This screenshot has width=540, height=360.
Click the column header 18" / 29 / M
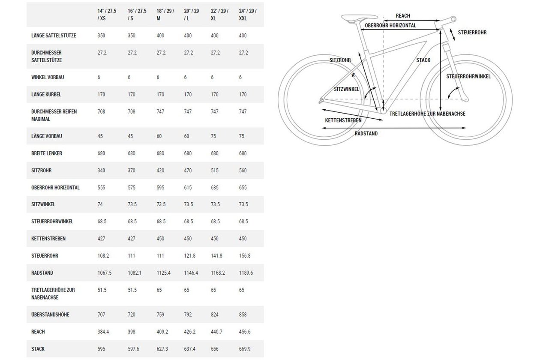click(x=165, y=15)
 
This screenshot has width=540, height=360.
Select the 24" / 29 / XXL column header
click(x=248, y=15)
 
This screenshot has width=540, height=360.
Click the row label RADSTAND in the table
click(x=42, y=273)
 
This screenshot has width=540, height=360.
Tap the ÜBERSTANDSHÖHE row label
click(x=50, y=315)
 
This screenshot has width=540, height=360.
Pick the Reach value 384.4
click(x=103, y=332)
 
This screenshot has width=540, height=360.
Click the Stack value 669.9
click(x=245, y=349)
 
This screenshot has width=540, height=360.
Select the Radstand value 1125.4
click(x=163, y=273)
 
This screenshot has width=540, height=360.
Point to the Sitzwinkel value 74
click(x=100, y=204)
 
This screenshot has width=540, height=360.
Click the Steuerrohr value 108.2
click(x=103, y=255)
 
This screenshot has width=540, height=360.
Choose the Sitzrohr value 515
click(x=215, y=170)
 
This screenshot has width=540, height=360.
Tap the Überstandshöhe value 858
click(x=243, y=315)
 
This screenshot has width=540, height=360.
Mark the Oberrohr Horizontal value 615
click(x=188, y=187)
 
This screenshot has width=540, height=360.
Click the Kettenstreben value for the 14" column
click(x=101, y=238)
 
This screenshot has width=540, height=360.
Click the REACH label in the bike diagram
click(x=403, y=16)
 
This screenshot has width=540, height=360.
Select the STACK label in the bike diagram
click(x=423, y=60)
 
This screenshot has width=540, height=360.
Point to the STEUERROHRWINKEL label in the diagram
click(x=468, y=76)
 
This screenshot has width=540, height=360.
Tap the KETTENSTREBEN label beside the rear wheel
click(x=343, y=120)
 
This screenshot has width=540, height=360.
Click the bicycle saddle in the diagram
click(x=359, y=18)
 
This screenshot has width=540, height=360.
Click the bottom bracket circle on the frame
click(x=383, y=111)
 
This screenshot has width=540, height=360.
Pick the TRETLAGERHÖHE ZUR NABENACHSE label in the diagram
click(x=427, y=114)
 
